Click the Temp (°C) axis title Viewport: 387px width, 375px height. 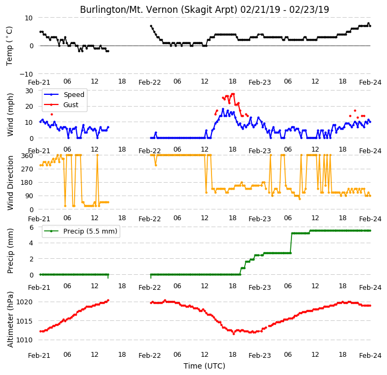9,46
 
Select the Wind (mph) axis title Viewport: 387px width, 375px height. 10,115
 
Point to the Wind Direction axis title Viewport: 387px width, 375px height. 10,183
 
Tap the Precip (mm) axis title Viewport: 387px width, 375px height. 10,251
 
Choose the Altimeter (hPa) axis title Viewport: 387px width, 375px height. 10,320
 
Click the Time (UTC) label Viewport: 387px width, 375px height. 205,366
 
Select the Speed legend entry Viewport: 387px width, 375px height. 74,95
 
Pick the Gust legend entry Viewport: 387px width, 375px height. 71,104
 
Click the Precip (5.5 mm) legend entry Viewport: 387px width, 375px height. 90,231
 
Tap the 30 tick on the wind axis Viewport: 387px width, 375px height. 29,91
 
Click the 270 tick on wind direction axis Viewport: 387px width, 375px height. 28,169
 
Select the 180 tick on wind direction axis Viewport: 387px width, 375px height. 28,183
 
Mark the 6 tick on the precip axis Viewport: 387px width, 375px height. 31,228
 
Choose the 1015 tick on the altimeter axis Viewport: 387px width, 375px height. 24,321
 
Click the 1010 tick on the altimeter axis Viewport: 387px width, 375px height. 24,340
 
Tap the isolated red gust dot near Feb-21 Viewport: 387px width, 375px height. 52,114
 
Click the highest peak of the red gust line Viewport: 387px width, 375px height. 233,94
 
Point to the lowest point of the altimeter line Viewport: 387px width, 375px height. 233,334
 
